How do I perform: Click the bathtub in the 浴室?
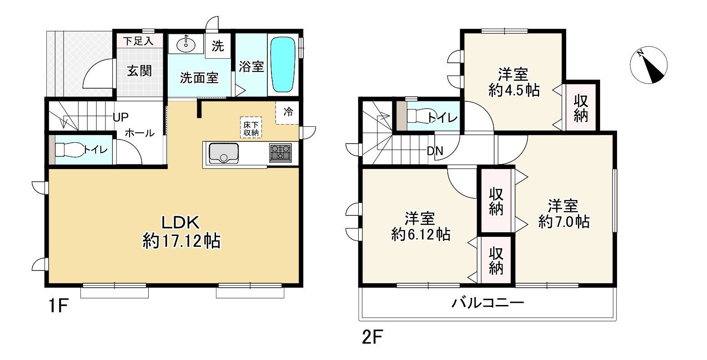pos(283,65)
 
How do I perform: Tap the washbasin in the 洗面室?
pos(186,45)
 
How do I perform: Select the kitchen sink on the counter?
pos(223,153)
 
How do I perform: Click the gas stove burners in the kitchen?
pos(280,152)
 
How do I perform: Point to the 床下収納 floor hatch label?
pos(251,128)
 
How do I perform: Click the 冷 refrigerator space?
pos(288,112)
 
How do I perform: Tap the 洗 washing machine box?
pos(218,46)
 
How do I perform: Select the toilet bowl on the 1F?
pos(68,150)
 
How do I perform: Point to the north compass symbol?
pos(650,66)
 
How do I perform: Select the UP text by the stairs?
pos(120,117)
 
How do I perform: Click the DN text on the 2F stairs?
pos(435,151)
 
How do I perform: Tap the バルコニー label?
pos(488,303)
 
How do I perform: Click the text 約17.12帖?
pos(181,241)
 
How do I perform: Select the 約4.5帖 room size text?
pos(514,90)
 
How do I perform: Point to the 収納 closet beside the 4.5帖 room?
pos(581,108)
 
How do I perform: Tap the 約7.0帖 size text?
pos(564,222)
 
